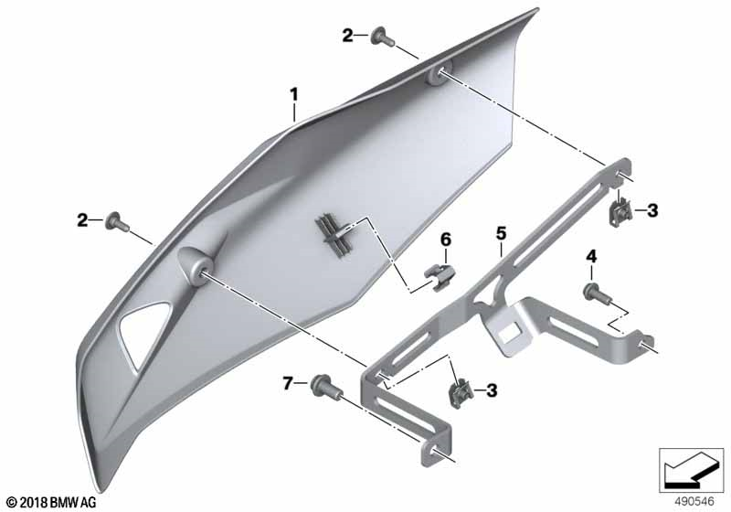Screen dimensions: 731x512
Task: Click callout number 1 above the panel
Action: pos(293,95)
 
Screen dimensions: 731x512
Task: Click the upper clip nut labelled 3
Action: pos(621,212)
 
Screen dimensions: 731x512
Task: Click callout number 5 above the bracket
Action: pos(501,233)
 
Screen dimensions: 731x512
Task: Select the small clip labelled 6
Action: pos(440,277)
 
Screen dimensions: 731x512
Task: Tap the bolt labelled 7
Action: pos(327,386)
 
